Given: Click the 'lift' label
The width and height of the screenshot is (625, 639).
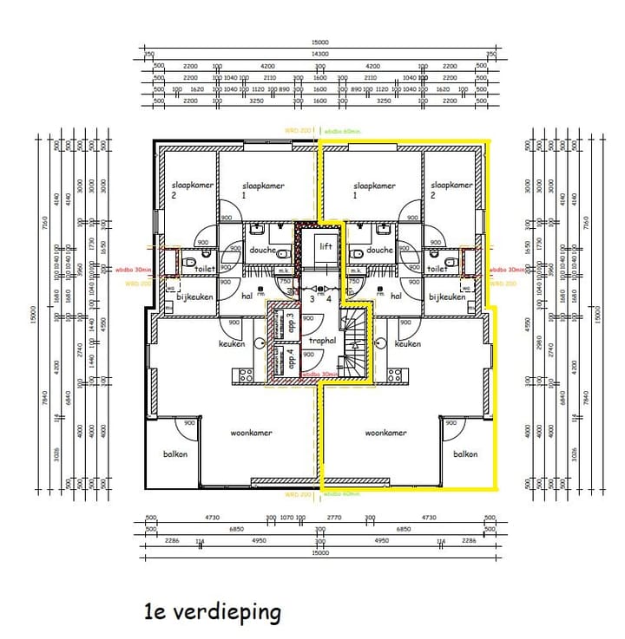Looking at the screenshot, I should click(326, 246).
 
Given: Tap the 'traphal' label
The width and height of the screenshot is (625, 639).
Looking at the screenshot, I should click(322, 342).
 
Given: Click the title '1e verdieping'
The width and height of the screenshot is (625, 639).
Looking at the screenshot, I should click(213, 612).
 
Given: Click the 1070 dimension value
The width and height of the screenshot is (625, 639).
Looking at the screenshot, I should click(285, 517).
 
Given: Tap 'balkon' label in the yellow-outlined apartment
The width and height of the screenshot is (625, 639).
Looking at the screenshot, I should click(465, 453).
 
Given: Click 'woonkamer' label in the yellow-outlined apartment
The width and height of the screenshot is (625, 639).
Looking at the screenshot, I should click(386, 433).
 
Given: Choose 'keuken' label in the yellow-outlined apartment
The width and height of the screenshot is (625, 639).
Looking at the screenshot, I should click(408, 344).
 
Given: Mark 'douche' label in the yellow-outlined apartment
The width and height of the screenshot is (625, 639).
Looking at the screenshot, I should click(379, 250).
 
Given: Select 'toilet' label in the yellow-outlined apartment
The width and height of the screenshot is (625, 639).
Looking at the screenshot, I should click(437, 269).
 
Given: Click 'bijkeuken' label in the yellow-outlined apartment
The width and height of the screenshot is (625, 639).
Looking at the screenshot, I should click(447, 297).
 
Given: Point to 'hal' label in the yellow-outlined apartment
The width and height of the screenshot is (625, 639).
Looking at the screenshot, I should click(396, 296).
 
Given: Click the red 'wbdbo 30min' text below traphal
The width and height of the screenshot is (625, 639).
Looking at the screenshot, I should click(319, 375).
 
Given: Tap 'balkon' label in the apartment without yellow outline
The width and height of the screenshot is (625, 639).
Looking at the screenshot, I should click(175, 453).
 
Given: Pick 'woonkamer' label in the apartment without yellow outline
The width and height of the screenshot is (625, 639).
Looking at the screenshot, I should click(251, 433).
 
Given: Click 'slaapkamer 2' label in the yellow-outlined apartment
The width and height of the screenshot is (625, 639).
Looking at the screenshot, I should click(451, 190).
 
